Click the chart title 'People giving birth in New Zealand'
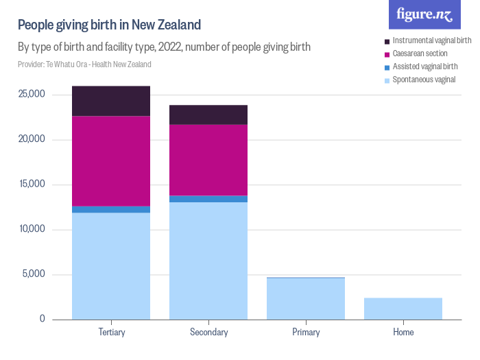[x=109, y=25]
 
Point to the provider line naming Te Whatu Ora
[x=84, y=64]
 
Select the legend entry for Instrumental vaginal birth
[x=431, y=40]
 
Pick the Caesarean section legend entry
[x=420, y=53]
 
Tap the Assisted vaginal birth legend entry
[x=424, y=67]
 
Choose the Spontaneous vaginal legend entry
[x=423, y=80]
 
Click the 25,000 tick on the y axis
[x=32, y=94]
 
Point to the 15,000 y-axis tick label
[x=32, y=184]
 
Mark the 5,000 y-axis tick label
[x=34, y=274]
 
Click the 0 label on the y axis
[x=43, y=319]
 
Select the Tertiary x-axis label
[x=111, y=333]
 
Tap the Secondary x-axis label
[x=208, y=333]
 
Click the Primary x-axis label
[x=306, y=333]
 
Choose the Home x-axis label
[x=403, y=333]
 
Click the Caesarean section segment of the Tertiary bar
[x=111, y=161]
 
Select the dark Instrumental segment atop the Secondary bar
[x=208, y=115]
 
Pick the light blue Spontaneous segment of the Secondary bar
[x=208, y=261]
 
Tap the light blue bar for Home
[x=403, y=309]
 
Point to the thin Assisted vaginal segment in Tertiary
[x=111, y=209]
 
